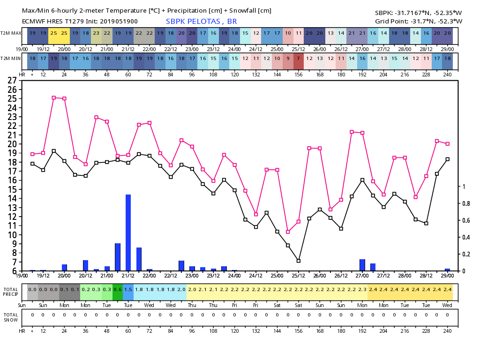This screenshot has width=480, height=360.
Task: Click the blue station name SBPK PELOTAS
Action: click(x=202, y=22)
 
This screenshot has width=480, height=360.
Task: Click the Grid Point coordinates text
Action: click(x=419, y=22)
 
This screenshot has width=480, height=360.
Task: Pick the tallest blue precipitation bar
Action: click(x=128, y=232)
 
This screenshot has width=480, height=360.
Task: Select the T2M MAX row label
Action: click(x=11, y=33)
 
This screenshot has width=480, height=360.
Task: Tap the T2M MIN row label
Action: click(x=11, y=58)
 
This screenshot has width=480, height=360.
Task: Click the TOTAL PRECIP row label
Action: click(x=11, y=292)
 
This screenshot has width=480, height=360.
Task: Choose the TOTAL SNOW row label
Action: click(x=11, y=317)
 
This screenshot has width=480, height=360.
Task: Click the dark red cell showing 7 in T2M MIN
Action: click(x=299, y=58)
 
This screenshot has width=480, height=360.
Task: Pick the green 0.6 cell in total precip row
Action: click(x=117, y=290)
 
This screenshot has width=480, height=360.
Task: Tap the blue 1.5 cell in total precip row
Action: click(x=128, y=290)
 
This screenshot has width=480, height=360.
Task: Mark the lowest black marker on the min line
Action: click(x=299, y=261)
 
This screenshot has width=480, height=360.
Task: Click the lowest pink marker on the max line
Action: click(x=288, y=232)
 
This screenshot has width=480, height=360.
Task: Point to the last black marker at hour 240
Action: click(x=448, y=159)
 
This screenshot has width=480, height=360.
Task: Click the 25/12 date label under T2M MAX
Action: click(x=298, y=49)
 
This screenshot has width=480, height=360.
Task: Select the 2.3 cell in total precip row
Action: click(x=362, y=290)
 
